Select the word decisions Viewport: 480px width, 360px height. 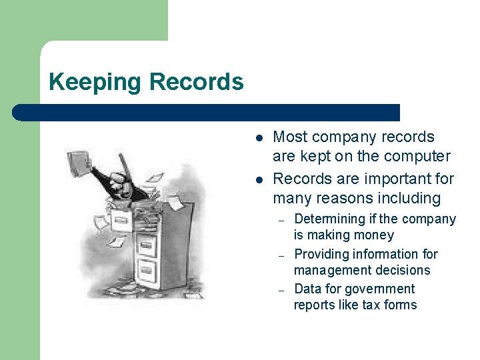403,270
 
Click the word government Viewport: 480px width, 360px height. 382,289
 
